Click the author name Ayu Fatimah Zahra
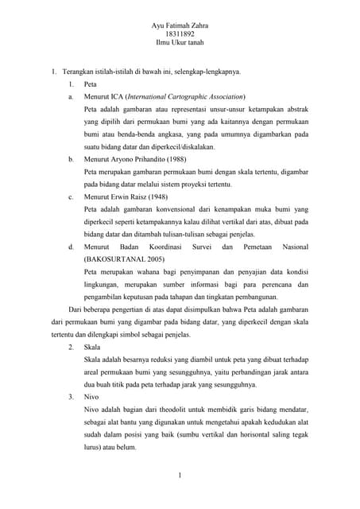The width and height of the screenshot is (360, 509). (x=180, y=26)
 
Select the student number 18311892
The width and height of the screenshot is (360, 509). (x=180, y=37)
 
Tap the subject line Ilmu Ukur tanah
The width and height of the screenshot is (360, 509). (x=180, y=46)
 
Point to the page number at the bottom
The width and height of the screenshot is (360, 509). (x=180, y=476)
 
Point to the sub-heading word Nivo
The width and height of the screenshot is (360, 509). (x=91, y=396)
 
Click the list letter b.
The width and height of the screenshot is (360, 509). (x=71, y=159)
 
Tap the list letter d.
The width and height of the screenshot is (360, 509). (x=71, y=247)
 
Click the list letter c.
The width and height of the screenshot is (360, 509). (x=71, y=196)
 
